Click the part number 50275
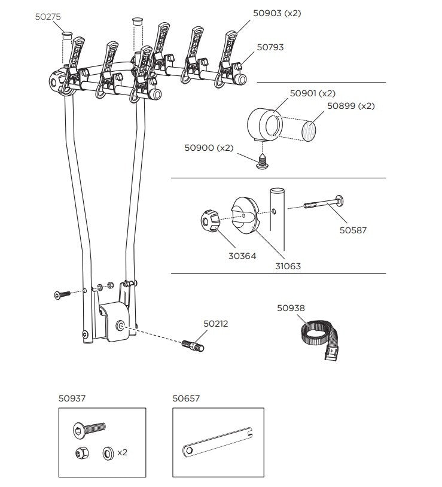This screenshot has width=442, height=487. coord(47,18)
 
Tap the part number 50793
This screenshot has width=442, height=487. coord(270,47)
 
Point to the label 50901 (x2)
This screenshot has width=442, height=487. coord(312,93)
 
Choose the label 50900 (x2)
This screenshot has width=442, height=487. coord(208,148)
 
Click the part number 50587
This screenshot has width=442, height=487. coord(353,229)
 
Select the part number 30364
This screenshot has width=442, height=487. coord(243,255)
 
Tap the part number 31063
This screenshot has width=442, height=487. coord(288,266)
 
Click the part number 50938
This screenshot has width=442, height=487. coord(291,308)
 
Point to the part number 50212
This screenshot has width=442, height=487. coord(215,324)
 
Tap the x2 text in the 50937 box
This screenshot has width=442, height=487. coord(122,452)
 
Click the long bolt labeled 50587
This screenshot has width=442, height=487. coord(327,203)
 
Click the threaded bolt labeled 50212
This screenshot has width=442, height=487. coord(193,346)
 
